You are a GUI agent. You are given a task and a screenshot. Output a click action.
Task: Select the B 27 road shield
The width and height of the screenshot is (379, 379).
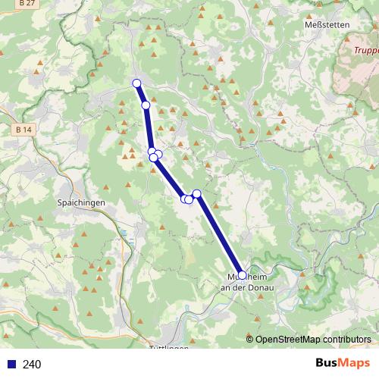[x=28, y=5]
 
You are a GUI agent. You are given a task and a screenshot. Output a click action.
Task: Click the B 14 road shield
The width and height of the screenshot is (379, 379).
[x=23, y=130]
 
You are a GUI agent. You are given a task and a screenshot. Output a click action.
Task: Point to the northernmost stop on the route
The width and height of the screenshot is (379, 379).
[x=136, y=83]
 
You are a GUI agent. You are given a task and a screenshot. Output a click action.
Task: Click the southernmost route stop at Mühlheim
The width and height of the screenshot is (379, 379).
[x=242, y=275]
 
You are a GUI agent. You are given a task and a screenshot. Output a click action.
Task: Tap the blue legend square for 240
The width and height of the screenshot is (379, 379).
[x=11, y=365]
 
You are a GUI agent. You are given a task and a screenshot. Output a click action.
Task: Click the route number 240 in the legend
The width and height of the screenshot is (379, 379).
[x=32, y=365]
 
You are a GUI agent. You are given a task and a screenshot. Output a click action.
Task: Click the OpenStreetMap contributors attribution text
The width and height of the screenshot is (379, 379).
[x=313, y=340]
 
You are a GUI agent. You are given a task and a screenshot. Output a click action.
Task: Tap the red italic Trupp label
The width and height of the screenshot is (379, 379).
[x=366, y=52]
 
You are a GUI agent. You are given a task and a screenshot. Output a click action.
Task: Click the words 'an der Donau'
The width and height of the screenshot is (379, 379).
[x=246, y=287]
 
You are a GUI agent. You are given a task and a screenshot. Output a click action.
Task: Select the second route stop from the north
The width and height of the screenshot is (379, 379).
[x=146, y=105]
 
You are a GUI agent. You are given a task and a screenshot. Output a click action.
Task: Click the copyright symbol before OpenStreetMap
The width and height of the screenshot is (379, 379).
[x=249, y=340]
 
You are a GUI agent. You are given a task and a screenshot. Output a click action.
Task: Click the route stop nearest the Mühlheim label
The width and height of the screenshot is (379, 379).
[x=242, y=275]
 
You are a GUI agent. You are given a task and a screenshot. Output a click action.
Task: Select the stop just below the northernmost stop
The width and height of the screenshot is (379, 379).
[x=146, y=105]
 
